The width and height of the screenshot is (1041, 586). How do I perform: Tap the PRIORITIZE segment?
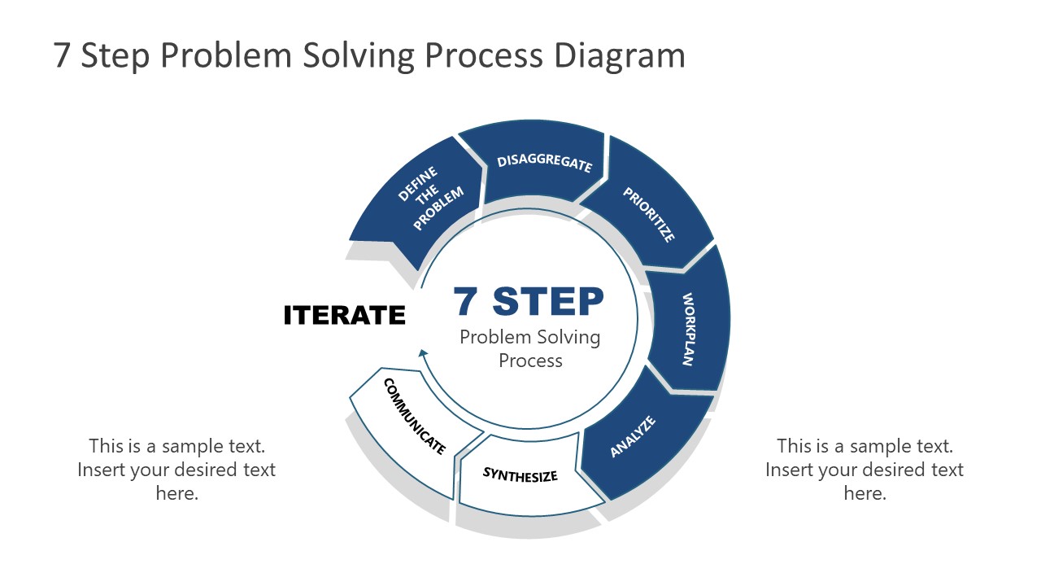click(649, 214)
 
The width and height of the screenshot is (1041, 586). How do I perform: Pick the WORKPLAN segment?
click(689, 329)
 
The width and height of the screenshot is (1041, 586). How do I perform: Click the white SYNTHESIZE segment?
click(520, 474)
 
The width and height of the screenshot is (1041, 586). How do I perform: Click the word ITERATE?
click(344, 315)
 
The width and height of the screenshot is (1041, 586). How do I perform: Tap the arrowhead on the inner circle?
click(422, 353)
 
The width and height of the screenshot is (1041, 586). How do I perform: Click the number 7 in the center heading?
click(467, 301)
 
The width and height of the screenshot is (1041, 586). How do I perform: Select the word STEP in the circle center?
click(548, 301)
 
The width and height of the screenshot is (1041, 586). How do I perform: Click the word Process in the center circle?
click(530, 361)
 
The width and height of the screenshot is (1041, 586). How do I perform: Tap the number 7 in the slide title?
click(62, 55)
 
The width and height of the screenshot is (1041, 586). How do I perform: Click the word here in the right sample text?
click(865, 493)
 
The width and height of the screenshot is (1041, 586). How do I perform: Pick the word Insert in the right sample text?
click(789, 470)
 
